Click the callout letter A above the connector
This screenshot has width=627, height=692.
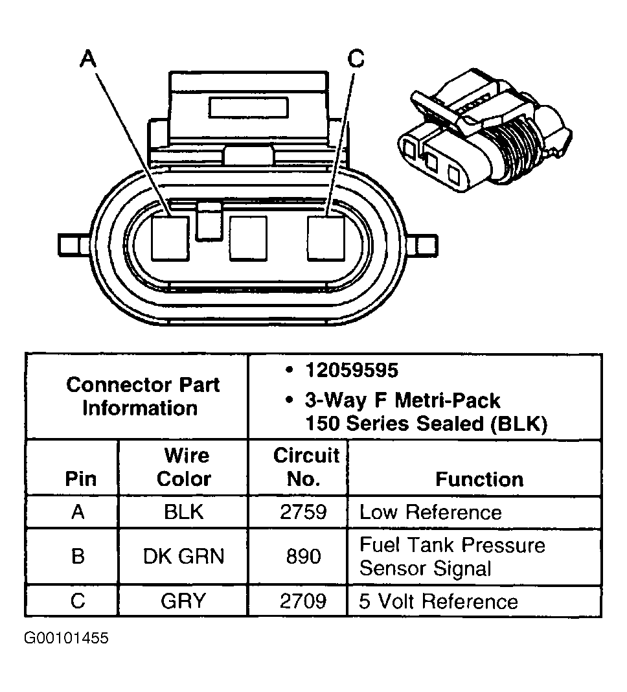88,60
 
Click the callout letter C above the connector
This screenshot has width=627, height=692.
356,60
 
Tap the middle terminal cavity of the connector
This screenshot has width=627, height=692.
248,238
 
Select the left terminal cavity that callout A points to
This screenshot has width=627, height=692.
170,238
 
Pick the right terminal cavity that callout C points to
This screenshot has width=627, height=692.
325,238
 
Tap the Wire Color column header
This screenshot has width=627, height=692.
183,467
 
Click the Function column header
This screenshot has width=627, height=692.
479,479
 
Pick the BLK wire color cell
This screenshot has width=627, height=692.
183,513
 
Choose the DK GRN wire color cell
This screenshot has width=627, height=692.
183,557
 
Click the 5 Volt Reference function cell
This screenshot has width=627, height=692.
439,601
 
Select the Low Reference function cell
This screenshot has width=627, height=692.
431,513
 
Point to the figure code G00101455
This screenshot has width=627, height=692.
67,638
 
